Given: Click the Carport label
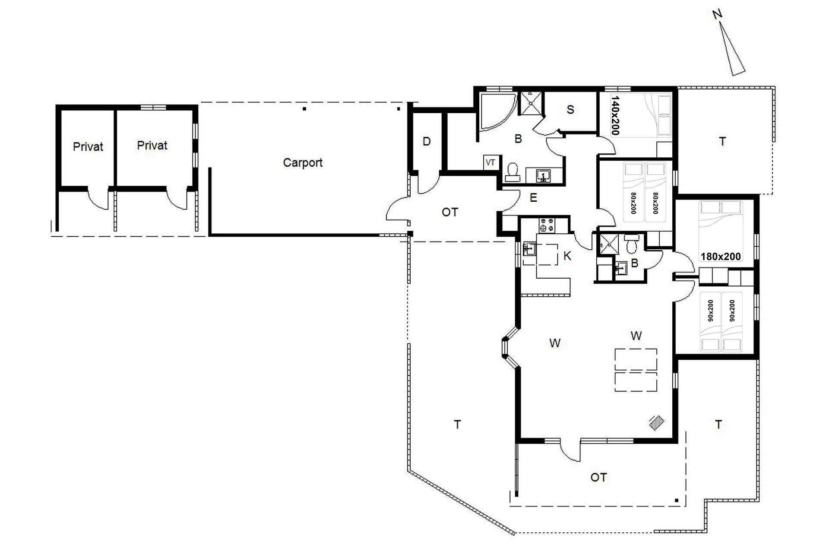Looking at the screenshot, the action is point(303,163).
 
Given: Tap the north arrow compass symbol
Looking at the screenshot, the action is point(731,48).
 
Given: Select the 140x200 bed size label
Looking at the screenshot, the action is point(615,115).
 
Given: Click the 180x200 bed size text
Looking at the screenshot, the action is point(721,257).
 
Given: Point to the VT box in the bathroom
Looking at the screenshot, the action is point(490,163).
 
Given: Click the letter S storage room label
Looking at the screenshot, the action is point(570,110).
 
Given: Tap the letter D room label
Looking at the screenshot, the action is point(427,142).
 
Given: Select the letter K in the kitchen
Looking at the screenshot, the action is point(567,256).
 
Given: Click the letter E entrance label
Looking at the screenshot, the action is point(534,198).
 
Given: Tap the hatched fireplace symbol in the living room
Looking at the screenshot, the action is point(657,423).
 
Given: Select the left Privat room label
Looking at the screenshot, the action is point(88,147).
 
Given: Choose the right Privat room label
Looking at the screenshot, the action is point(152,145).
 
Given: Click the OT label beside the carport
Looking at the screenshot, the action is point(450,212).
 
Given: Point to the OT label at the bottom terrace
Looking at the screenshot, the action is point(598,477).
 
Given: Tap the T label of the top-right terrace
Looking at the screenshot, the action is point(723,141).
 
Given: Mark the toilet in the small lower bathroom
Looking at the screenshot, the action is point(631,245).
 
